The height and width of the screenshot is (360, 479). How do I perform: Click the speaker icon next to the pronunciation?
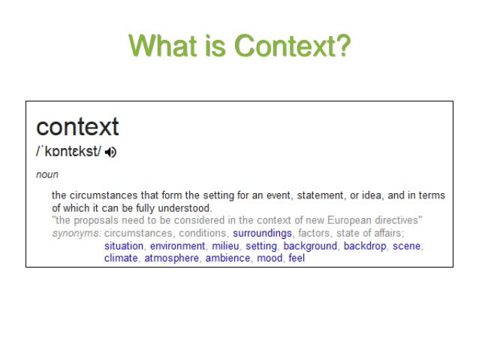[x=112, y=153]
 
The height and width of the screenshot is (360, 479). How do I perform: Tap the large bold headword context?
[x=77, y=126]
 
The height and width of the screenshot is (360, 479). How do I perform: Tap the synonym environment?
[x=176, y=246]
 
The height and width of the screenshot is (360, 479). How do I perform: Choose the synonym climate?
[x=121, y=258]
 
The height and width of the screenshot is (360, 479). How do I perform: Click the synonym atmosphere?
[x=171, y=258]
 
